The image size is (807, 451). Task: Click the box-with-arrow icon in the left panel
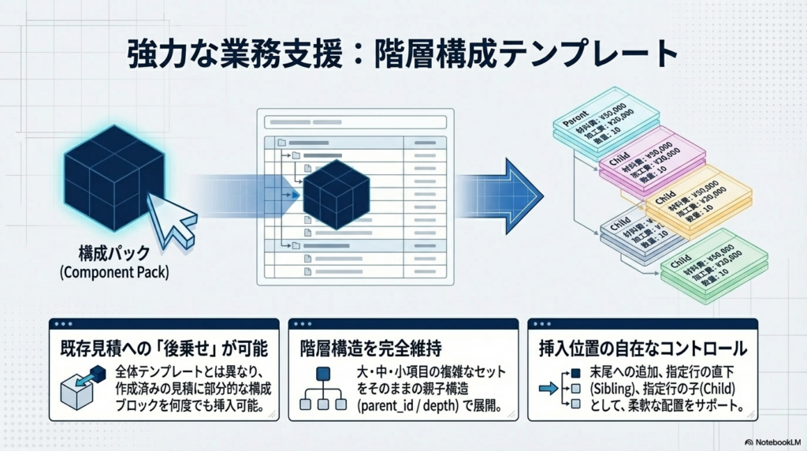[x=85, y=386]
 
